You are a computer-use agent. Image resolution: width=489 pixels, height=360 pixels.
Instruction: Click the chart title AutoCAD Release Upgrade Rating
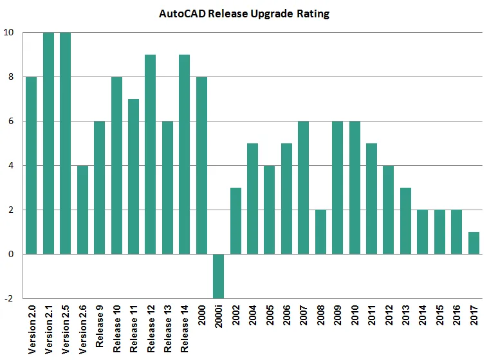[x=244, y=14]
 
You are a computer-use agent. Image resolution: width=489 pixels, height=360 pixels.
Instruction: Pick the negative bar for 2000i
[x=218, y=276]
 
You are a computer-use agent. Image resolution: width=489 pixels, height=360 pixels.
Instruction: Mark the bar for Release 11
[x=133, y=176]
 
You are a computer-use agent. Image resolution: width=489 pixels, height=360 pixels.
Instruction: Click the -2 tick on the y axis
[x=8, y=298]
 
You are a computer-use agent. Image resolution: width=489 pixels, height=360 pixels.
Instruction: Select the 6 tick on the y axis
[x=9, y=121]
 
